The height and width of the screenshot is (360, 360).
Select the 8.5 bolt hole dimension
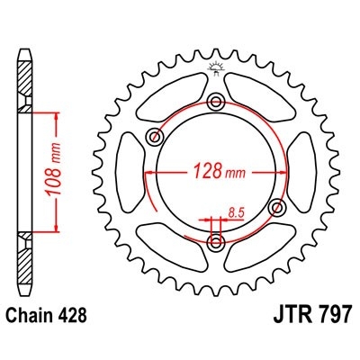click(x=236, y=212)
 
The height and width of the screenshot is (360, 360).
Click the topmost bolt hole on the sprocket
click(x=215, y=101)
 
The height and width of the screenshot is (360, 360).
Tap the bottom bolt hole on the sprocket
click(x=214, y=243)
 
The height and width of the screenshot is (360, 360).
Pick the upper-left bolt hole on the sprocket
click(x=154, y=137)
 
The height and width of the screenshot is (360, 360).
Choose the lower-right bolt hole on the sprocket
click(x=275, y=207)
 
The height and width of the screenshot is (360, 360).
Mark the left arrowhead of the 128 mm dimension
click(x=159, y=171)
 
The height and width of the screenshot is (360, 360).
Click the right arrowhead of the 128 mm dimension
click(x=270, y=171)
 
